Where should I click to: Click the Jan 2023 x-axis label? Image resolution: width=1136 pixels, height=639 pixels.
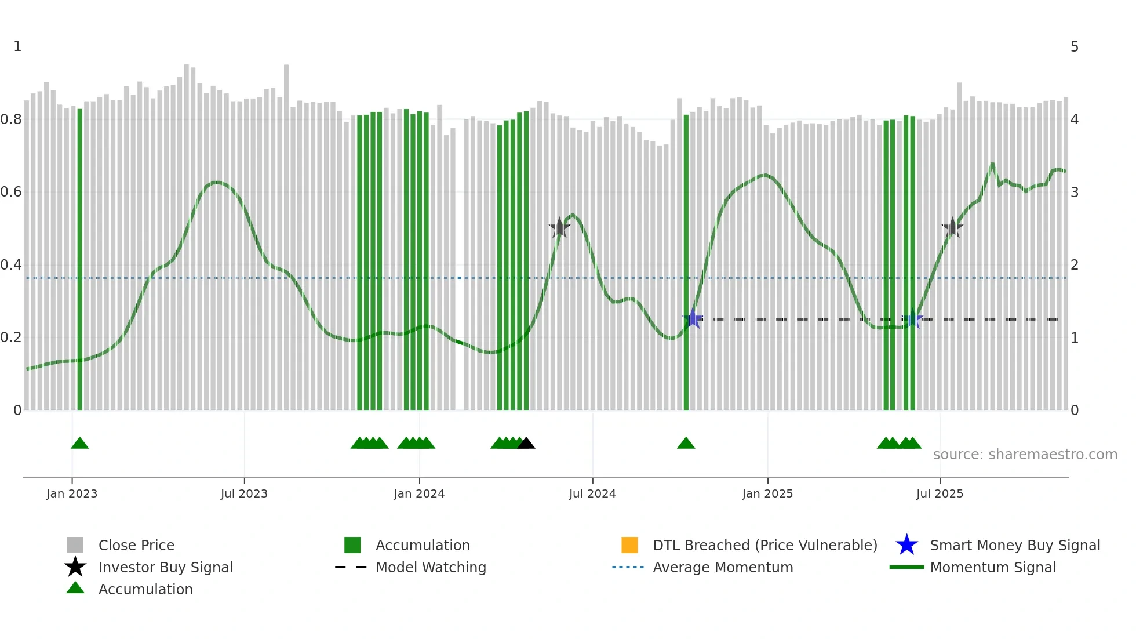(72, 493)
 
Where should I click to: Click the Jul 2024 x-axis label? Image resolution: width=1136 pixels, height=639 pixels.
(592, 493)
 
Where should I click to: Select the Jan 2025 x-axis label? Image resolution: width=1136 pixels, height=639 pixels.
(767, 493)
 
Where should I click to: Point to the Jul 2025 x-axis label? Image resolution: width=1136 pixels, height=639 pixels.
(940, 493)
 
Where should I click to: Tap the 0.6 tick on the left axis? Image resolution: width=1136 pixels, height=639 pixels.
(11, 192)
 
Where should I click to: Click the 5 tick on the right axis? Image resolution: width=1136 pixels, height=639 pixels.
(1075, 47)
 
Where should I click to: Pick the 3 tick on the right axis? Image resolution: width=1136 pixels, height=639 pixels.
(1075, 192)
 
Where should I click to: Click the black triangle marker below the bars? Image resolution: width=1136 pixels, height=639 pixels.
(526, 444)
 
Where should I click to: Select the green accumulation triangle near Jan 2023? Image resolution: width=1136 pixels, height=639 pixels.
(79, 444)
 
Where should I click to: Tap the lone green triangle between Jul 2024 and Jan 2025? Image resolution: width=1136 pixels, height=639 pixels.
(686, 444)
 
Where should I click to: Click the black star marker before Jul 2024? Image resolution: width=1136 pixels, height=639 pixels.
(559, 228)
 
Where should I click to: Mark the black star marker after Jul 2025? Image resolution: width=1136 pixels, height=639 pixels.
(952, 228)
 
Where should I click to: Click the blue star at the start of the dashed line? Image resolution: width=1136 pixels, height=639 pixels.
(693, 319)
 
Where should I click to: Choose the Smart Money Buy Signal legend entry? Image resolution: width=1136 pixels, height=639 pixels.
(1014, 545)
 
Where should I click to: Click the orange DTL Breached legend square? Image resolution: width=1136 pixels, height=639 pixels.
(629, 545)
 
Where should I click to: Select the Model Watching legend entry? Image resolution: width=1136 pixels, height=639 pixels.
(430, 567)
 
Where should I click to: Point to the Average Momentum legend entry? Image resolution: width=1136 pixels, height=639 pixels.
(722, 567)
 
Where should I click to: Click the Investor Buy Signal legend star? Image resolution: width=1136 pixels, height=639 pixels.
(75, 567)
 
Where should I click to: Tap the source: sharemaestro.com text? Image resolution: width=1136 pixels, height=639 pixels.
(1025, 455)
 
